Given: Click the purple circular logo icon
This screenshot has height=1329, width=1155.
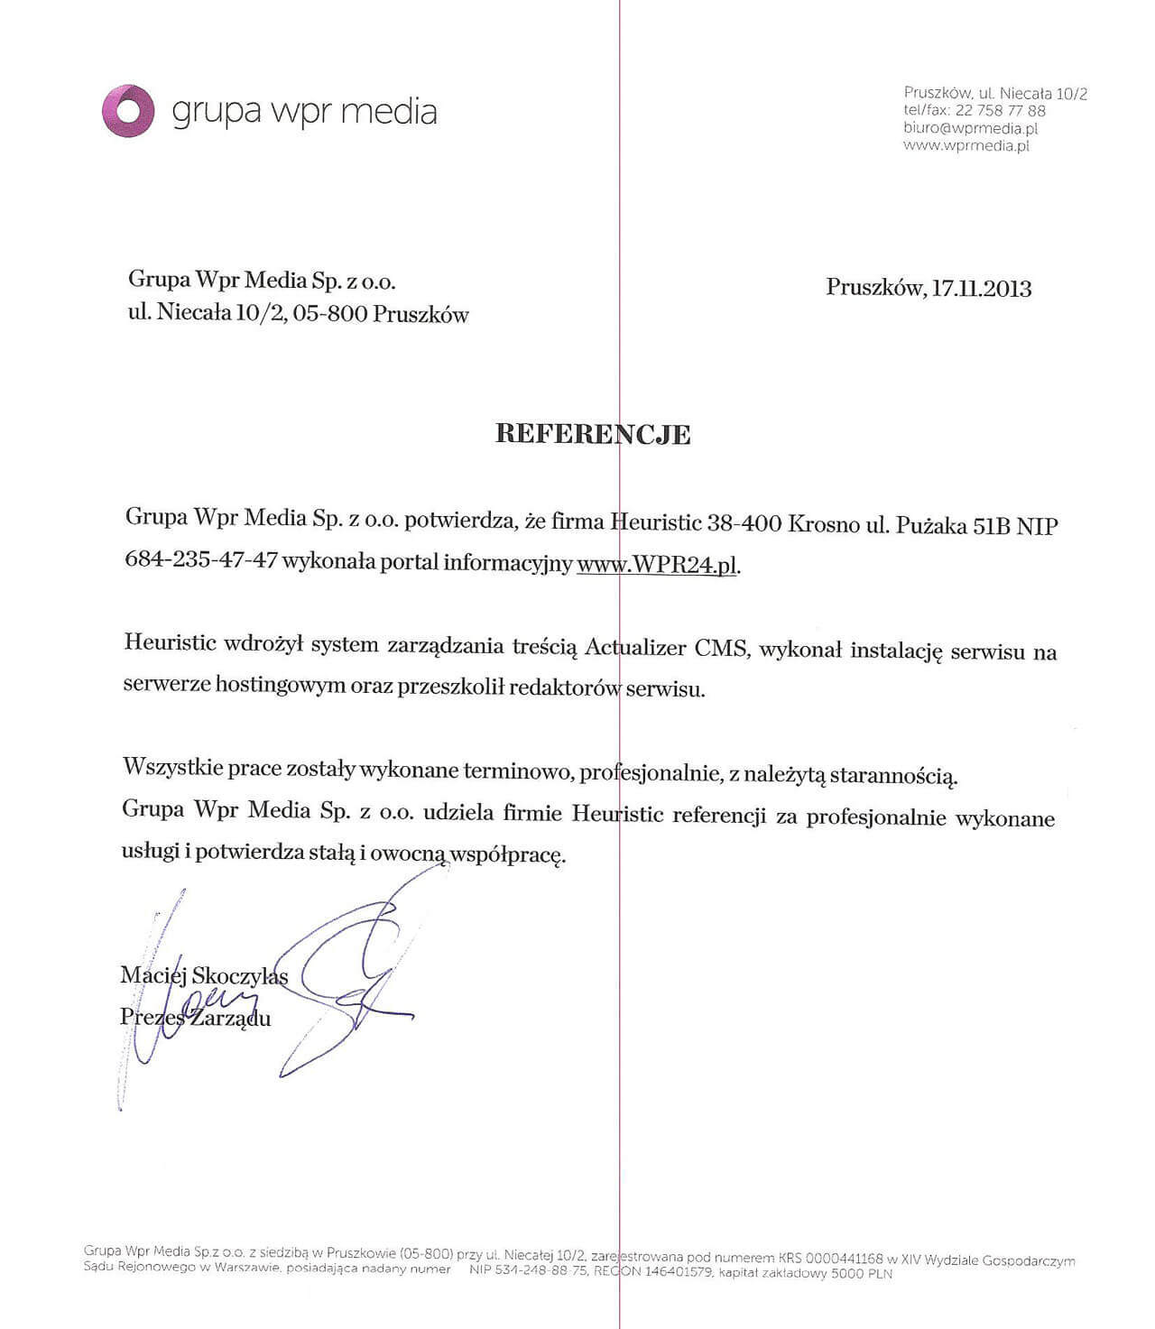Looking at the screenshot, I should [x=128, y=111].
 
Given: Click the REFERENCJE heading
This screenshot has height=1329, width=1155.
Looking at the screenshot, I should [x=593, y=434].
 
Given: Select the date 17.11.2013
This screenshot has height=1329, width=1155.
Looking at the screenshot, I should [x=981, y=289].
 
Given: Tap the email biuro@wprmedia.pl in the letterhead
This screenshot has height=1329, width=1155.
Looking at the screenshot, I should [x=970, y=128].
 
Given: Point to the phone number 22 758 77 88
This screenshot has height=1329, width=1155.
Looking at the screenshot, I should [x=1000, y=111].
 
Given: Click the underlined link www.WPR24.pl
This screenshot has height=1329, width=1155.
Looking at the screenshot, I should [x=657, y=565].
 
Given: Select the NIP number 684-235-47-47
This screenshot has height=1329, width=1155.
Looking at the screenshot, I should [x=200, y=559].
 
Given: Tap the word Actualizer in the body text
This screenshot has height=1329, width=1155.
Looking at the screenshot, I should [x=634, y=648].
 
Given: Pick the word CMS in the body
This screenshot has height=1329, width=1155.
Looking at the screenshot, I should [x=721, y=649].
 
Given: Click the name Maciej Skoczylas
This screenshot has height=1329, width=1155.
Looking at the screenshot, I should [x=204, y=975].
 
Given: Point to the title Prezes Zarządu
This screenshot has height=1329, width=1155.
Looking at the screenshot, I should [x=195, y=1018].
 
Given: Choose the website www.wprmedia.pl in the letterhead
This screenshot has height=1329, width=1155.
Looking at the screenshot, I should [x=966, y=145].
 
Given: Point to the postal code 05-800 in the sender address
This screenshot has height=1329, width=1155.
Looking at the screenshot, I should [x=328, y=314].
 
